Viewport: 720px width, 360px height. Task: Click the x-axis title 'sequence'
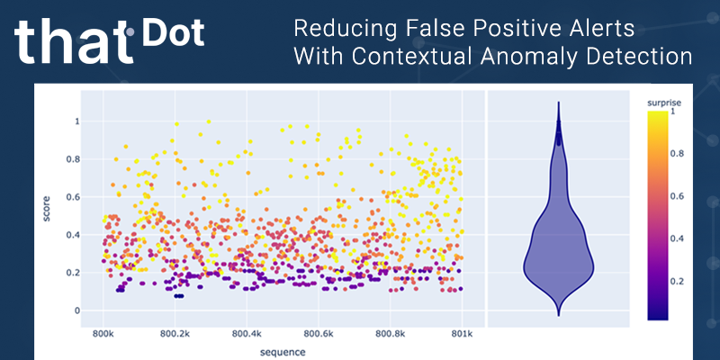(283, 351)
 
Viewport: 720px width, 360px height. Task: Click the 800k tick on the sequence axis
(103, 333)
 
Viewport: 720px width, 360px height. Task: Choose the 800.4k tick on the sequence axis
(247, 333)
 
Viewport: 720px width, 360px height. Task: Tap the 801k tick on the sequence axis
(462, 333)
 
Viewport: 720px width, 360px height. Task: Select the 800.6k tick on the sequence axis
(319, 333)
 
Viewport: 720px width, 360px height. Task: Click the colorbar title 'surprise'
(665, 104)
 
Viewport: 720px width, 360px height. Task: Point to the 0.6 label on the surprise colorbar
(679, 195)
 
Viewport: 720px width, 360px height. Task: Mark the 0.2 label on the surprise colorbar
(679, 281)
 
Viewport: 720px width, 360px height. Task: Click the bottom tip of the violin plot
(558, 316)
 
